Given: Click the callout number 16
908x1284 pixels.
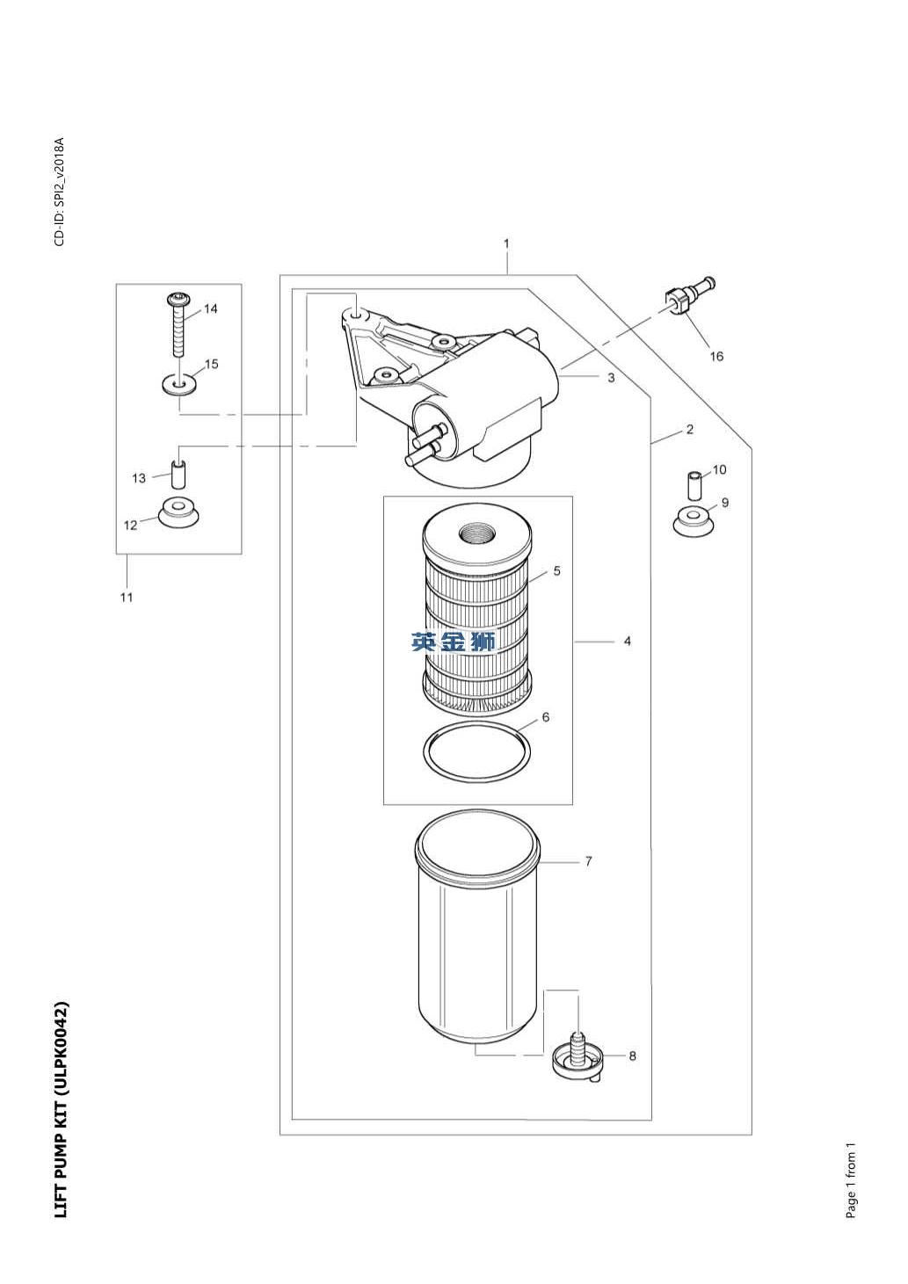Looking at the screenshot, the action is (716, 356).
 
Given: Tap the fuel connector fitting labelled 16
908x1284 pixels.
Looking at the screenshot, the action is (691, 295).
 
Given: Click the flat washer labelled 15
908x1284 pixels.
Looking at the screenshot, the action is (179, 383).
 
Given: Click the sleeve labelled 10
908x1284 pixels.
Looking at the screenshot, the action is (694, 485).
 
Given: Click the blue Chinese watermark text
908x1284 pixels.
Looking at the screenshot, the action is (453, 642).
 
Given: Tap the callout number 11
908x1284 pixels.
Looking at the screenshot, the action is (126, 598).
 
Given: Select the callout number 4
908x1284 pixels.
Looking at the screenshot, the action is (627, 641).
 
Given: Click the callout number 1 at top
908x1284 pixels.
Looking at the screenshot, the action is (506, 243).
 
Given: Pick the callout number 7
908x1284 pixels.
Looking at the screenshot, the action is (588, 861).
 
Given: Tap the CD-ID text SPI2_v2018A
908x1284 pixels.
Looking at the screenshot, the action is (60, 173).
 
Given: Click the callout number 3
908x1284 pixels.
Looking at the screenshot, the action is (611, 378).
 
